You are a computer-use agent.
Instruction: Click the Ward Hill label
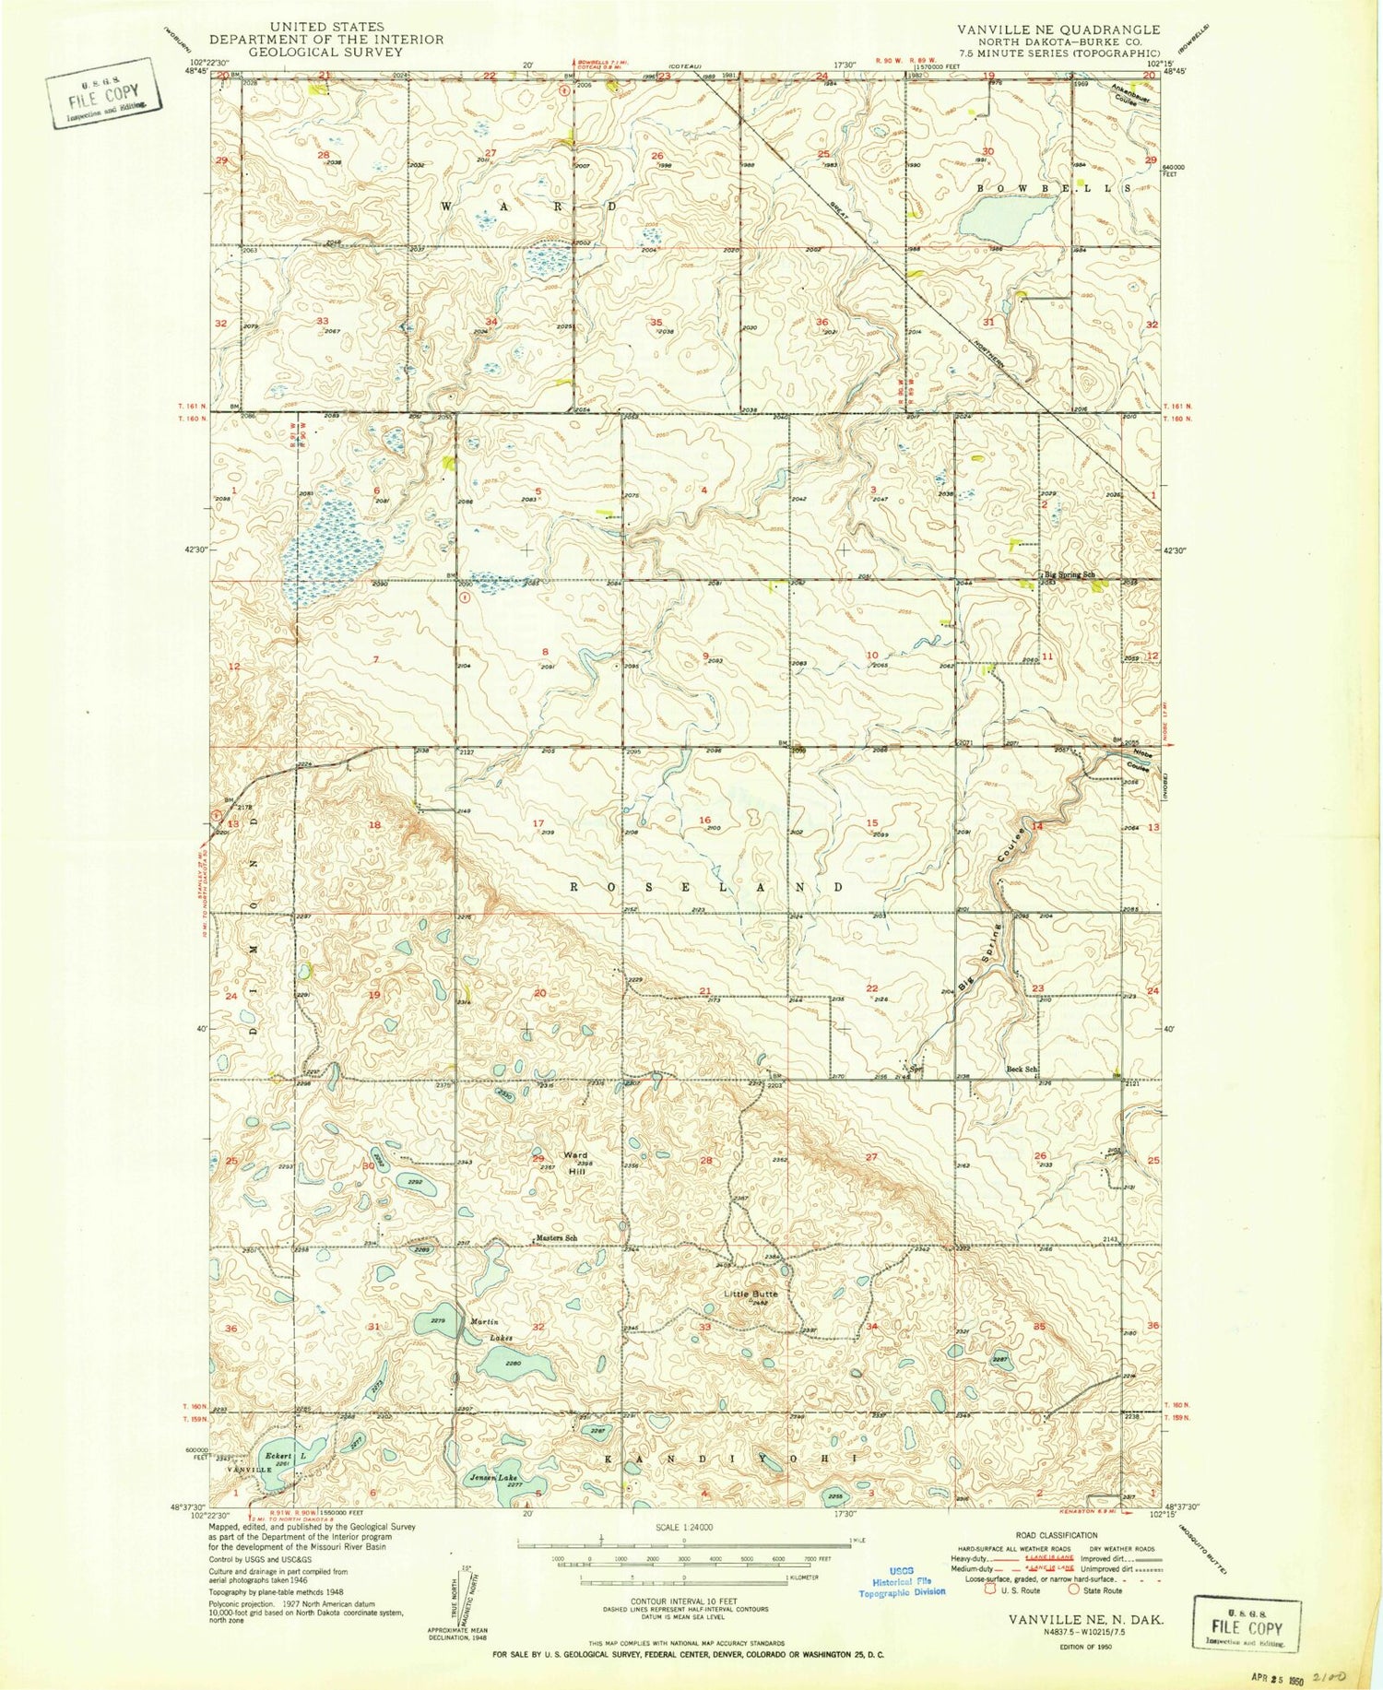(575, 1162)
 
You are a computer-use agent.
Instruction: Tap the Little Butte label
(751, 1294)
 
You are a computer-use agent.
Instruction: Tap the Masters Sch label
(558, 1237)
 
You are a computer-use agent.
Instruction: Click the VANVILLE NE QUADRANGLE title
(1058, 30)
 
